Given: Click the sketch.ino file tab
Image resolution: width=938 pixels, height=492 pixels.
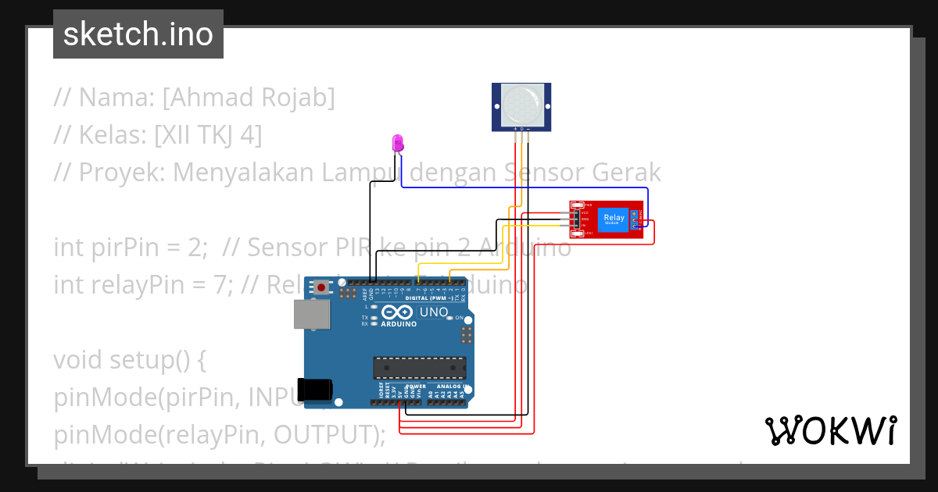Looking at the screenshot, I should point(138,34).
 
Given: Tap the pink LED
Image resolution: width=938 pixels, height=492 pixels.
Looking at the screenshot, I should point(398,143).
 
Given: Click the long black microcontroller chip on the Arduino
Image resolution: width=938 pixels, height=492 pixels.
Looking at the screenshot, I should point(419,367).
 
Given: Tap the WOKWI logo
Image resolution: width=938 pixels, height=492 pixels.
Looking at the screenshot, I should point(830,430).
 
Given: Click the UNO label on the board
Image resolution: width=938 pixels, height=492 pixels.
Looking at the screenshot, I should point(434,312).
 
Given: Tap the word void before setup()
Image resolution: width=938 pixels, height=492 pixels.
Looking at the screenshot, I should point(78,360).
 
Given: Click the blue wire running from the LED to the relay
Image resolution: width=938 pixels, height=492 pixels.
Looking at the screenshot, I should point(524,187).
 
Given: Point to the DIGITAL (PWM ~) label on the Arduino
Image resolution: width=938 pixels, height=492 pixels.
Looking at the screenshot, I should point(431,298).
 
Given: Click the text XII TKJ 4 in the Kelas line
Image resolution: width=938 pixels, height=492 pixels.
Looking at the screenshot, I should point(208,135).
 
